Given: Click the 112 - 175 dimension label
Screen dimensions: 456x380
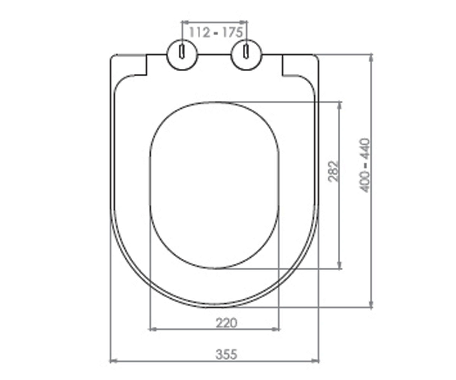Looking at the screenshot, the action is tap(215, 33).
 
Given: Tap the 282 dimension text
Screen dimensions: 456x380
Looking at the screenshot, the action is tap(333, 171).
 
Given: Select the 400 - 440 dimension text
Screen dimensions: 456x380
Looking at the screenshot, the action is tap(365, 165).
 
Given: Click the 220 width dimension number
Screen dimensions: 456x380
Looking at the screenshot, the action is tap(226, 323).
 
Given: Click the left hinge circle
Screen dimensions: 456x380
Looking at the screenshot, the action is tap(182, 55).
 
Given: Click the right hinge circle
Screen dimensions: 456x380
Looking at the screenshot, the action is tap(246, 55).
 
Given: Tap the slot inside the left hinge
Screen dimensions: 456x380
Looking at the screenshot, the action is tap(182, 52).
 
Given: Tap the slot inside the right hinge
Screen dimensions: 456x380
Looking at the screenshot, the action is tap(246, 52).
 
